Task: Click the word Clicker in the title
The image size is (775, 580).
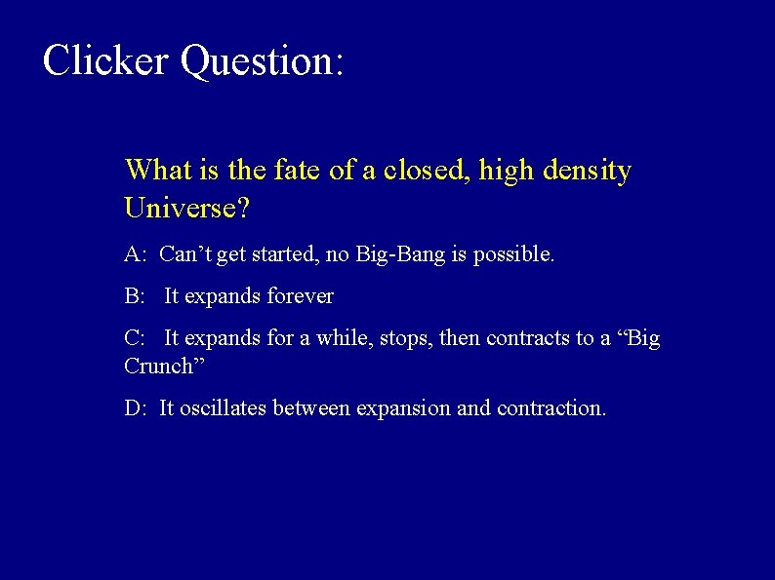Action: [x=105, y=60]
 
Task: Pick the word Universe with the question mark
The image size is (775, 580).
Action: [x=186, y=208]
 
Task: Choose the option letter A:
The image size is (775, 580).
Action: [x=136, y=255]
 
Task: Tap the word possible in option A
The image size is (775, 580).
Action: [x=516, y=256]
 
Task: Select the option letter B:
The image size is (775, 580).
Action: [x=135, y=296]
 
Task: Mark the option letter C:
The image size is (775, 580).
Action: [x=135, y=338]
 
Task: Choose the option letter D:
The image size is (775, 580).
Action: [x=136, y=408]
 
